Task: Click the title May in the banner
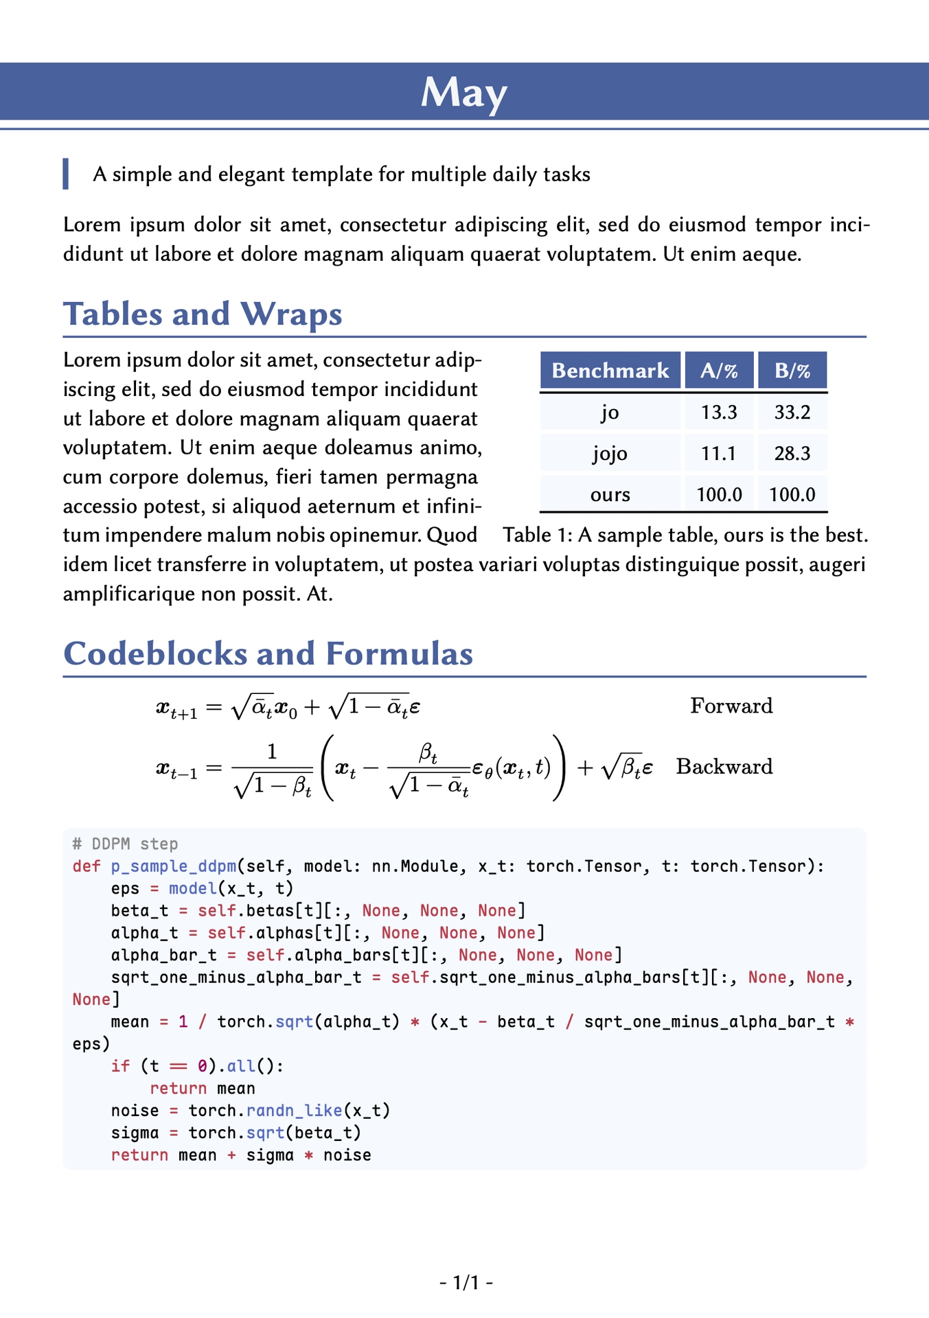tap(463, 92)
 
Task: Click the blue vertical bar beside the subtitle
tap(66, 174)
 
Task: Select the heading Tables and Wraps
tap(203, 314)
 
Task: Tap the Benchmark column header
tap(610, 371)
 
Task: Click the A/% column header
tap(719, 371)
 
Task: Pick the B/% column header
tap(792, 371)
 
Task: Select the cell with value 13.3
tap(719, 412)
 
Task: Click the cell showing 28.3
tap(792, 453)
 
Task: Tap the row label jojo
tap(610, 453)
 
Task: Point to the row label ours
tap(610, 494)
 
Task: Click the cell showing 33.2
tap(792, 412)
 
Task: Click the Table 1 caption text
tap(685, 535)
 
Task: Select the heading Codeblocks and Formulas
tap(268, 654)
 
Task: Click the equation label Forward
tap(731, 706)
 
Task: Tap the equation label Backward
tap(724, 766)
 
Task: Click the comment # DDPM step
tap(125, 844)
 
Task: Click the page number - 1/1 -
tap(466, 1282)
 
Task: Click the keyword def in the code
tap(87, 866)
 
